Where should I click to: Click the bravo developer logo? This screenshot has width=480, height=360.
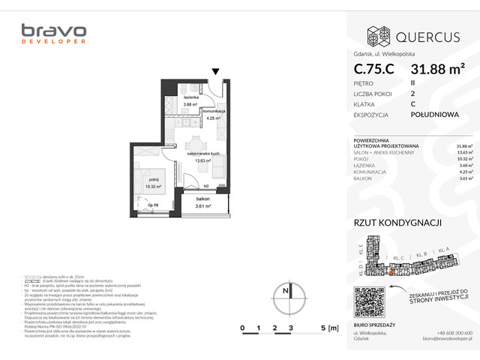[x=53, y=34]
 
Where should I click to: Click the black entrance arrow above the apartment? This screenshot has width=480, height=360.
[x=216, y=72]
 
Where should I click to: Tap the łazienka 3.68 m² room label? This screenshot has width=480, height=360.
[x=190, y=101]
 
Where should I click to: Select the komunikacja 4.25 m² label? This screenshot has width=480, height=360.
[x=214, y=114]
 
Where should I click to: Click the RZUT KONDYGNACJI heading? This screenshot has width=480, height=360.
[x=397, y=223]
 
